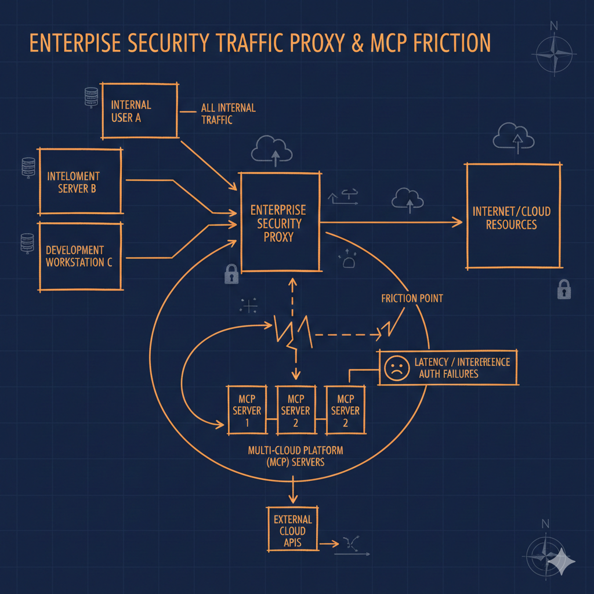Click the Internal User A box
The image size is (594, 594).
139,110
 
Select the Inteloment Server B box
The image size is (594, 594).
80,182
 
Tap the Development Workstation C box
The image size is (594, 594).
80,256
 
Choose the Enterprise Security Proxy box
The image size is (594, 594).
280,222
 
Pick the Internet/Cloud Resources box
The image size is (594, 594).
513,216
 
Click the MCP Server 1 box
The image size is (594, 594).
247,410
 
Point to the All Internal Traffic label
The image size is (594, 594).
228,114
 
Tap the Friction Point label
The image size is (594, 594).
412,298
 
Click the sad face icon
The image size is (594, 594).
396,368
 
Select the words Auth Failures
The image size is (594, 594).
448,374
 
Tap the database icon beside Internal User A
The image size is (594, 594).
90,97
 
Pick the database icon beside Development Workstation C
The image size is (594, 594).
27,242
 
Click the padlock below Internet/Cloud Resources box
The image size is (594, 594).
563,289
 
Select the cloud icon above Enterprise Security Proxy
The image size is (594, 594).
271,148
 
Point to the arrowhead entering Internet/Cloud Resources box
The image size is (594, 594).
459,222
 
